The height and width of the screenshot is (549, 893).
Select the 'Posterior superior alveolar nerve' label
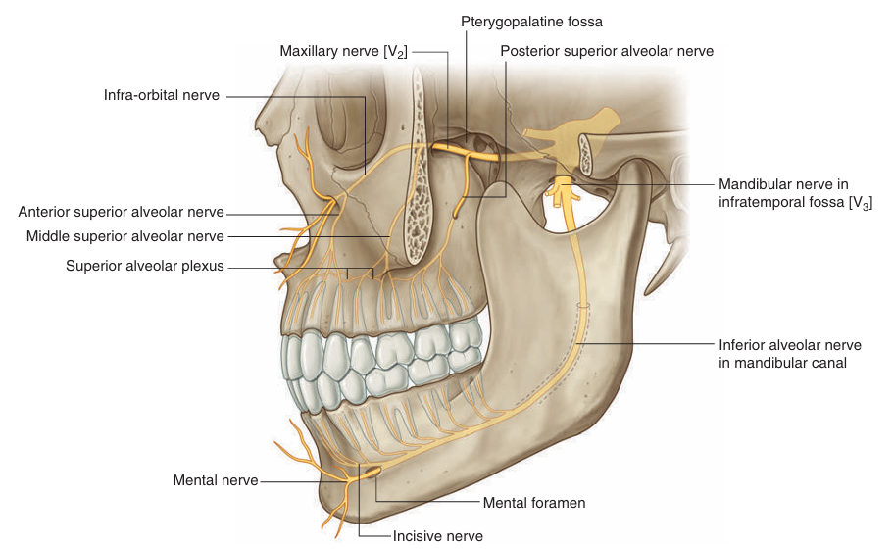tap(607, 50)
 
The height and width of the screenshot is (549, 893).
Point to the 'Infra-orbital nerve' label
tap(162, 95)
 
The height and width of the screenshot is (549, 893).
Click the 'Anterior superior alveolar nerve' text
tap(122, 212)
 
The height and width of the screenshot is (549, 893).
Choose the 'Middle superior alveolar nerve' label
tap(125, 235)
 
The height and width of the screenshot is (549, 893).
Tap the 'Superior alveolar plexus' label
tap(145, 266)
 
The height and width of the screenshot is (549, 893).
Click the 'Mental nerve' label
tap(216, 480)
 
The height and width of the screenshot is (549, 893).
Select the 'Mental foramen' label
tap(534, 503)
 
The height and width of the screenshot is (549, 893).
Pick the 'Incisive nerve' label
tap(438, 535)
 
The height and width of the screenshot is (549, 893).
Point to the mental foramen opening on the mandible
tap(373, 473)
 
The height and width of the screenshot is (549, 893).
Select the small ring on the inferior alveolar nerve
tap(584, 306)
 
